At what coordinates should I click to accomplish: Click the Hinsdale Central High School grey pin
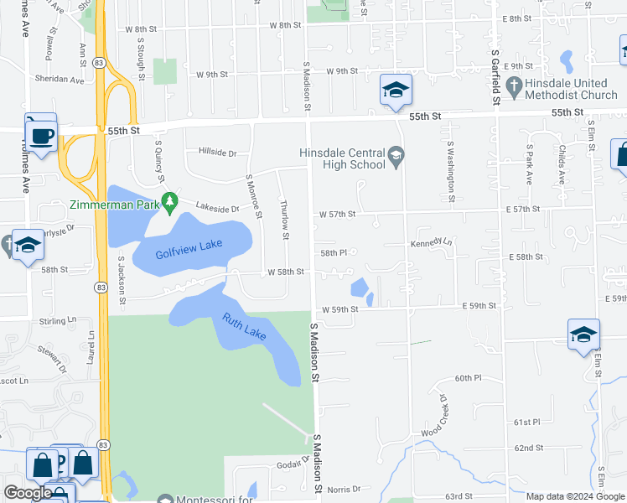click(x=396, y=153)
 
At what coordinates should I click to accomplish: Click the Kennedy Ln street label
click(x=430, y=243)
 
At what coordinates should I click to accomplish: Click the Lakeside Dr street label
click(x=217, y=207)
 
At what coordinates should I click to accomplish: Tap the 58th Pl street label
click(x=333, y=252)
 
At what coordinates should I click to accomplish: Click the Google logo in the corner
click(x=28, y=494)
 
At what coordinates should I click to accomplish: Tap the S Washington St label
click(x=451, y=172)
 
